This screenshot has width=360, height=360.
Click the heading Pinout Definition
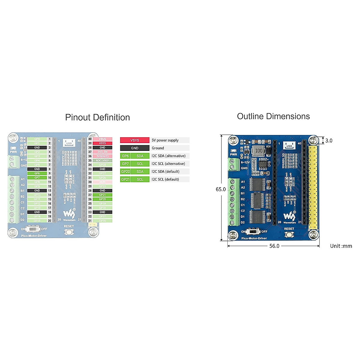97,117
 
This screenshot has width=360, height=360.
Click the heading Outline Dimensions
273,116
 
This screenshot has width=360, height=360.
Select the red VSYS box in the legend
135,140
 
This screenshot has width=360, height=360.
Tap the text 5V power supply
165,140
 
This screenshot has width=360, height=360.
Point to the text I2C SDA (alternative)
168,156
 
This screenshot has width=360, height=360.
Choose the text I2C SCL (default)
165,179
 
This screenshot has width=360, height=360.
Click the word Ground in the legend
158,148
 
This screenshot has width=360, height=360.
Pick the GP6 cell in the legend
125,156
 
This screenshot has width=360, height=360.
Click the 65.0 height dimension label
220,189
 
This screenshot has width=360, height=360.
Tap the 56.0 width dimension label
274,246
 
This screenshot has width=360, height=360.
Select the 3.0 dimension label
329,140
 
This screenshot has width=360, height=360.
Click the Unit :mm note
341,246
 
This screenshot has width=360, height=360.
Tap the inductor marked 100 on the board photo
259,151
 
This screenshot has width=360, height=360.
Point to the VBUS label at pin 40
103,139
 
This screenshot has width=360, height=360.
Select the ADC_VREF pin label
103,160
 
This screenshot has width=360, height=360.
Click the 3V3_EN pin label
103,152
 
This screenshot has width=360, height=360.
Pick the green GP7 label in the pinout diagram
37,178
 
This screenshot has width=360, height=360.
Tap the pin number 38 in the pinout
90,148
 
